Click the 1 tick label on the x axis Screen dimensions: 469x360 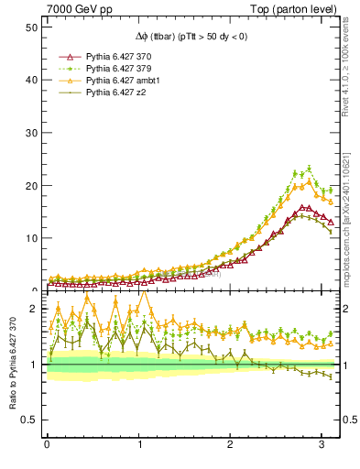coord(139,445)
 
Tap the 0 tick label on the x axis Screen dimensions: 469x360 coord(47,445)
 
